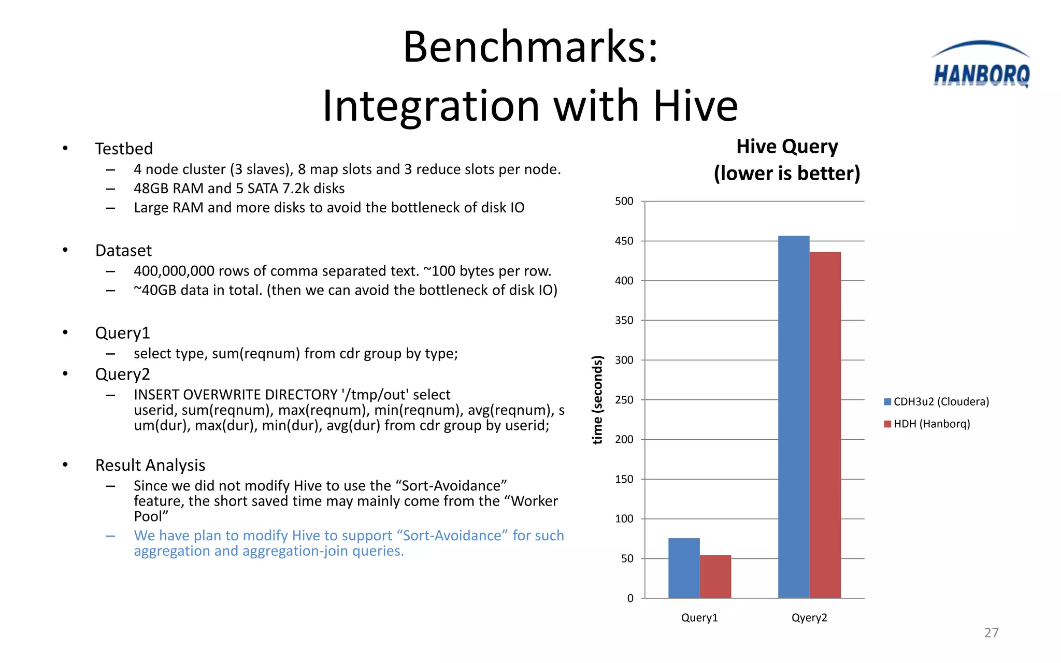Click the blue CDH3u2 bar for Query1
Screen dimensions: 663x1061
pyautogui.click(x=684, y=568)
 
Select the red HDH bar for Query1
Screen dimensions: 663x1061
pyautogui.click(x=715, y=576)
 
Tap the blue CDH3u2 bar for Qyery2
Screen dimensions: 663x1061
pyautogui.click(x=794, y=417)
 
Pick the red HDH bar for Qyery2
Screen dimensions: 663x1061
pyautogui.click(x=825, y=425)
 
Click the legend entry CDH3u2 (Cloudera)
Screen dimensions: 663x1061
pyautogui.click(x=937, y=401)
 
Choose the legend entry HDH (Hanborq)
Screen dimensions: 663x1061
pyautogui.click(x=927, y=424)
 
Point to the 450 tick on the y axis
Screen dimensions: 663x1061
pyautogui.click(x=624, y=241)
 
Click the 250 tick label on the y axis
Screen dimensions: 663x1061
pyautogui.click(x=624, y=400)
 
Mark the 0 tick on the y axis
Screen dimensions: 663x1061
pyautogui.click(x=630, y=598)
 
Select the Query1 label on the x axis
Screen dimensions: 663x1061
pyautogui.click(x=699, y=617)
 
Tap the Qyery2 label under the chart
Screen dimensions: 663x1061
pyautogui.click(x=809, y=617)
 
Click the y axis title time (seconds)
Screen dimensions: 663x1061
pyautogui.click(x=598, y=399)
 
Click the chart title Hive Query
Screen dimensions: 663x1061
pyautogui.click(x=787, y=147)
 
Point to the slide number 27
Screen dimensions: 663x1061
pyautogui.click(x=991, y=632)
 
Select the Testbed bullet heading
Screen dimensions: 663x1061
pyautogui.click(x=124, y=149)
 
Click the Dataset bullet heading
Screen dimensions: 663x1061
pyautogui.click(x=123, y=251)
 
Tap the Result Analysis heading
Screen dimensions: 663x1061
pyautogui.click(x=150, y=465)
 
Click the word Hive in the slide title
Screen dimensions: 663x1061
pyautogui.click(x=695, y=106)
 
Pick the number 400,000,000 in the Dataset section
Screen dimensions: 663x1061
pyautogui.click(x=174, y=271)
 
